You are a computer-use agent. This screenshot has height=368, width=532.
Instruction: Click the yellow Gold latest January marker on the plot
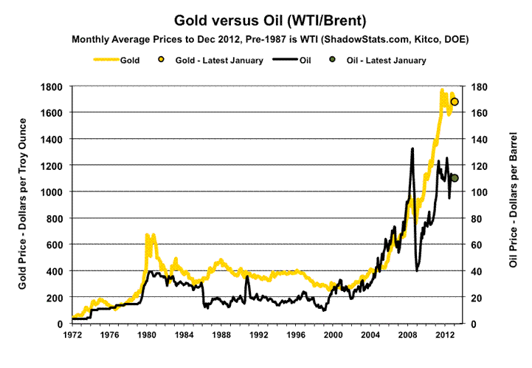point(455,102)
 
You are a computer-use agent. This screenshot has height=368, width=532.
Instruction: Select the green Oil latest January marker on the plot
point(455,178)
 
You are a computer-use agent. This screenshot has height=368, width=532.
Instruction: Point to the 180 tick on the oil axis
point(480,86)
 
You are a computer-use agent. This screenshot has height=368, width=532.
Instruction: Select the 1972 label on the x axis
point(72,333)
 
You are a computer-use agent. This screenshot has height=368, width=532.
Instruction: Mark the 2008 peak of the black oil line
point(412,149)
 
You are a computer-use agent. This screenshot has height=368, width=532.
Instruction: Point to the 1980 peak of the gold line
point(148,235)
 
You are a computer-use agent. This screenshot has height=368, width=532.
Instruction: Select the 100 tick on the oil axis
point(480,192)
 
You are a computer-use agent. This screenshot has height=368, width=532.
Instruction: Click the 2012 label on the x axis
point(442,333)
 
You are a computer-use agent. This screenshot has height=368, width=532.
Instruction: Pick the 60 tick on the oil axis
point(477,245)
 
